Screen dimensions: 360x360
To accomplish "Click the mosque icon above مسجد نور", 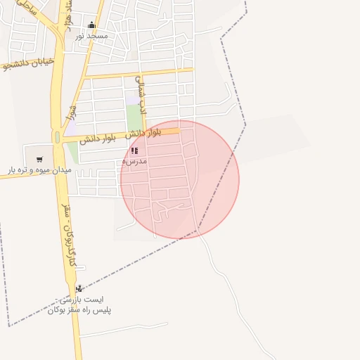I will [x=91, y=25].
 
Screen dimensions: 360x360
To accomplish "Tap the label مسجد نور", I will [x=92, y=35].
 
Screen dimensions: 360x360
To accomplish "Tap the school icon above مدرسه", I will [x=134, y=150].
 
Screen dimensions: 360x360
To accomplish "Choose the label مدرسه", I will [x=134, y=161].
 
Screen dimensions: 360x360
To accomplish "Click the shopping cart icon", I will [x=39, y=159].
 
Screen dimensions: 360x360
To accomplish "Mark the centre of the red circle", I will [x=180, y=179].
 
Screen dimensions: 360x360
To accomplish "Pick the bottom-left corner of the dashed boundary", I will [x=9, y=326].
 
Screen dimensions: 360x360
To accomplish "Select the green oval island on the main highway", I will [x=57, y=136].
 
